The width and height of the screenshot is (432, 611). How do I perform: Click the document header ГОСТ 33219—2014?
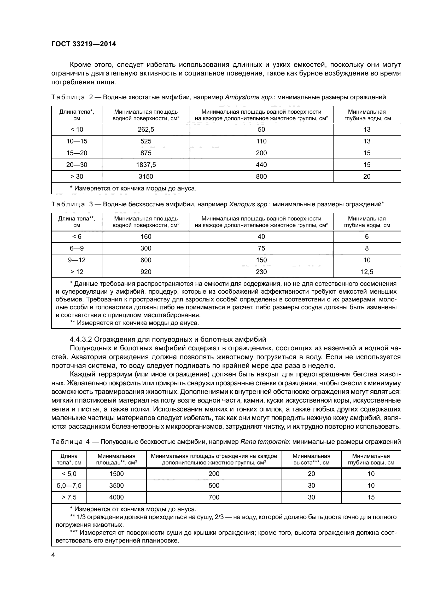tap(84, 44)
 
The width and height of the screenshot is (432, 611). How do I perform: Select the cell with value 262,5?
tap(146, 130)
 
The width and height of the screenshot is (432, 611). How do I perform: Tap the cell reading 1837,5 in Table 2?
tap(146, 165)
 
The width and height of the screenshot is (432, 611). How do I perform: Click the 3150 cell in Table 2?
tap(146, 176)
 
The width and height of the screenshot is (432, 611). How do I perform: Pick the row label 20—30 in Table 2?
tap(77, 165)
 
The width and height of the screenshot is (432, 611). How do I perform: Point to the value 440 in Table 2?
tap(261, 165)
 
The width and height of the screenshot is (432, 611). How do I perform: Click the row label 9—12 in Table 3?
tap(77, 260)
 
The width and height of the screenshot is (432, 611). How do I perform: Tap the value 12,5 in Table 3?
tap(367, 272)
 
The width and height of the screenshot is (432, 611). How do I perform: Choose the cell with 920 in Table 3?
tap(146, 272)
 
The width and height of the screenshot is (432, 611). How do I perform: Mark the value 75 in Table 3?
tap(261, 248)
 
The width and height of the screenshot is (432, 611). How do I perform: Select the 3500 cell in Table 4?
tap(116, 485)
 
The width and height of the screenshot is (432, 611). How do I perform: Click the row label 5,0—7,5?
tap(69, 485)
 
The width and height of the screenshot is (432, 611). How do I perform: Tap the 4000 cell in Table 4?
tap(116, 497)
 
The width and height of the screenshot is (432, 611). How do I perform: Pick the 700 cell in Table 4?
tap(214, 497)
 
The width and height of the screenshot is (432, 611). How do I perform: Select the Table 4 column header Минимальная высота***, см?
tap(311, 459)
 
